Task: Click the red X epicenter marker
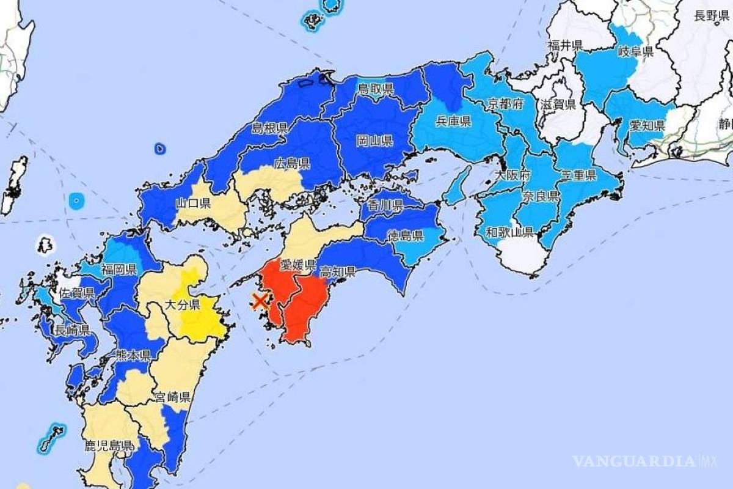(260, 300)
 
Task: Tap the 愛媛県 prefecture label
(297, 265)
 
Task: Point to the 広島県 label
(292, 163)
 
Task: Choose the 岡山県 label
(374, 141)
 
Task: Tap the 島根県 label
(269, 128)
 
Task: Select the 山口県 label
(193, 203)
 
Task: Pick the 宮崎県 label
(173, 397)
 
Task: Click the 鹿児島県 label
(109, 445)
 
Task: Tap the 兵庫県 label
(453, 121)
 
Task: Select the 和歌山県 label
(509, 232)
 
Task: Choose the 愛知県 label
(647, 126)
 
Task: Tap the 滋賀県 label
(558, 104)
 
